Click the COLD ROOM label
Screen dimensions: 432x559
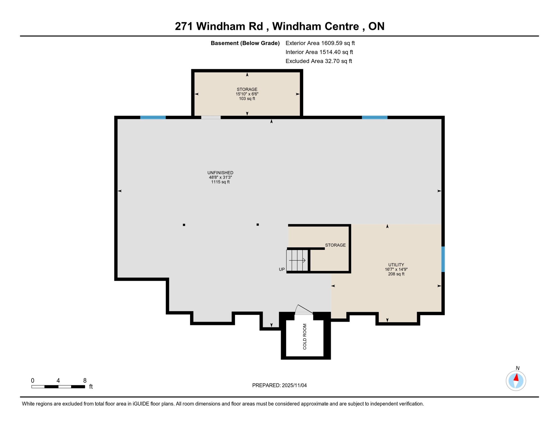coord(305,337)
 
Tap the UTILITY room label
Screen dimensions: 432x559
coord(396,265)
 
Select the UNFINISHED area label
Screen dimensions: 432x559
coord(220,173)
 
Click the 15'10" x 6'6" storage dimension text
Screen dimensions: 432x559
coord(247,94)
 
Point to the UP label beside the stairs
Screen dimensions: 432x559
coord(282,269)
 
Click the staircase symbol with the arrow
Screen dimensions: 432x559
coord(297,260)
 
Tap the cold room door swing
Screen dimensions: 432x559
coord(303,309)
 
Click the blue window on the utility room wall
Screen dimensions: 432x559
coord(443,259)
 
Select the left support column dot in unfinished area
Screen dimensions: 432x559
coord(184,225)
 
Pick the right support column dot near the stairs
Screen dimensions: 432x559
coord(258,224)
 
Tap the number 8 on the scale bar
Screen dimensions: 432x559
coord(85,381)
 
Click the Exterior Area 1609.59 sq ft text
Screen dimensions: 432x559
coord(320,43)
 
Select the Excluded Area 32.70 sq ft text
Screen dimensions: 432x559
coord(319,61)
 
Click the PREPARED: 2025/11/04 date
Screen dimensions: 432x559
coord(279,385)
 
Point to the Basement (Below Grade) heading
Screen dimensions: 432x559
coord(245,43)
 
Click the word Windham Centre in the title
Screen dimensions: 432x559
coord(315,26)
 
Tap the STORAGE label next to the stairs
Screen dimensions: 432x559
coord(335,245)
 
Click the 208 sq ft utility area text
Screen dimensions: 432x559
coord(396,274)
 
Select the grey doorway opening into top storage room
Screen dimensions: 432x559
coord(211,118)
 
